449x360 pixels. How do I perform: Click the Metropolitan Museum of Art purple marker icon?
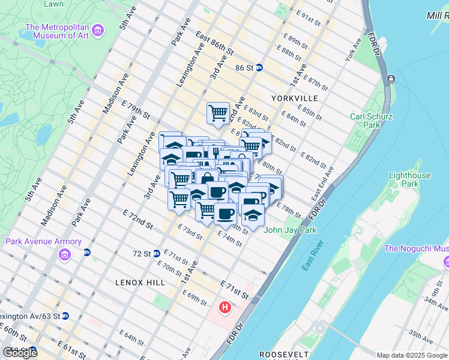tap(99, 29)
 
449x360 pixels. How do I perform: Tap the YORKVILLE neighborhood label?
tap(294, 97)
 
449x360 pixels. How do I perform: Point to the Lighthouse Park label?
tap(409, 180)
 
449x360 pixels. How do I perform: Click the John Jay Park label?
tap(282, 229)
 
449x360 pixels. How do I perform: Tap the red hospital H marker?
tap(225, 308)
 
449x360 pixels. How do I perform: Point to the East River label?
tap(313, 256)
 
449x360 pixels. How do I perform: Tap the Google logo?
tap(20, 352)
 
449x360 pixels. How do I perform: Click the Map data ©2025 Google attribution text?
tap(412, 355)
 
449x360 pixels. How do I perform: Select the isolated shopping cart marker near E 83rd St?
tap(218, 113)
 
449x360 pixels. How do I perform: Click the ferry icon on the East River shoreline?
tap(391, 79)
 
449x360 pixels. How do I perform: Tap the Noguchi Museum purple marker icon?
tap(447, 262)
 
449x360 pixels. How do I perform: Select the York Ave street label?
tap(353, 50)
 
